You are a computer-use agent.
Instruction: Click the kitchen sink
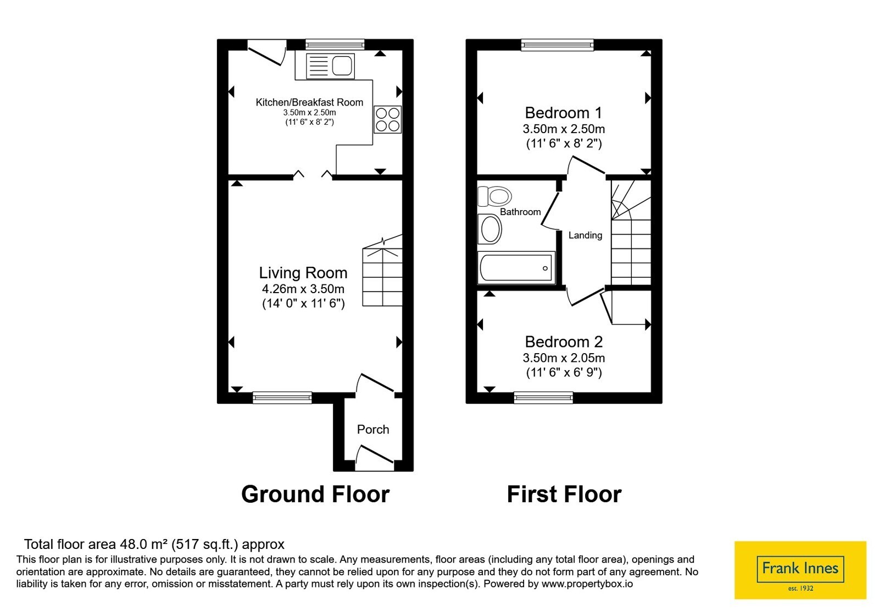coord(330,66)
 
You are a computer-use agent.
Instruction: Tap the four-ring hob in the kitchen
coord(387,119)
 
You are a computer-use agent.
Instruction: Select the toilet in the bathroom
coord(494,196)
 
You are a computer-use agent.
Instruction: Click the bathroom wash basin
coord(489,229)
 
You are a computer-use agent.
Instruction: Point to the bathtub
coord(516,267)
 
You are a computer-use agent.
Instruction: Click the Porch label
coord(373,430)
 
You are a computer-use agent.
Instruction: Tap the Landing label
coord(585,235)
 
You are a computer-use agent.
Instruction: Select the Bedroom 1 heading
coord(563,113)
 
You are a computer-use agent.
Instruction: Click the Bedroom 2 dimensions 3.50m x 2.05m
coord(564,358)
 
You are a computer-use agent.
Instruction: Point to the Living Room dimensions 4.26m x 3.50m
coord(303,289)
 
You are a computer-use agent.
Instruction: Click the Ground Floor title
coord(315,494)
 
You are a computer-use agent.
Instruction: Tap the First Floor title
coord(564,494)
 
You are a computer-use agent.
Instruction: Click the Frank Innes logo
coord(800,570)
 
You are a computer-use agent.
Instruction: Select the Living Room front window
coord(282,398)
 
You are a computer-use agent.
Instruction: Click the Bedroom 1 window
coord(557,45)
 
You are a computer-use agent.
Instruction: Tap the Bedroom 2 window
coord(543,398)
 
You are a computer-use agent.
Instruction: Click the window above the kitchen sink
coord(335,45)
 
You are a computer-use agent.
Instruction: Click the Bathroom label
coord(520,212)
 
